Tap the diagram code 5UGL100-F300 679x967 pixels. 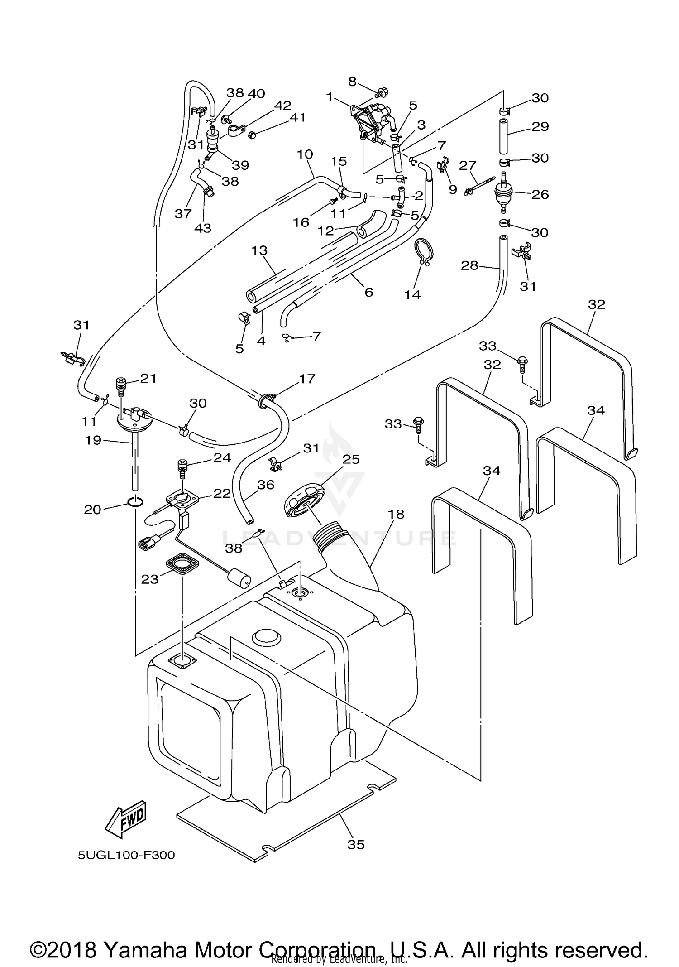pyautogui.click(x=126, y=855)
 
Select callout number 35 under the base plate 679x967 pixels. pyautogui.click(x=356, y=844)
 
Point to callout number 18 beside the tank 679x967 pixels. pyautogui.click(x=396, y=514)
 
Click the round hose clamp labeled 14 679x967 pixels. pyautogui.click(x=424, y=251)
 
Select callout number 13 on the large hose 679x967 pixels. pyautogui.click(x=260, y=250)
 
